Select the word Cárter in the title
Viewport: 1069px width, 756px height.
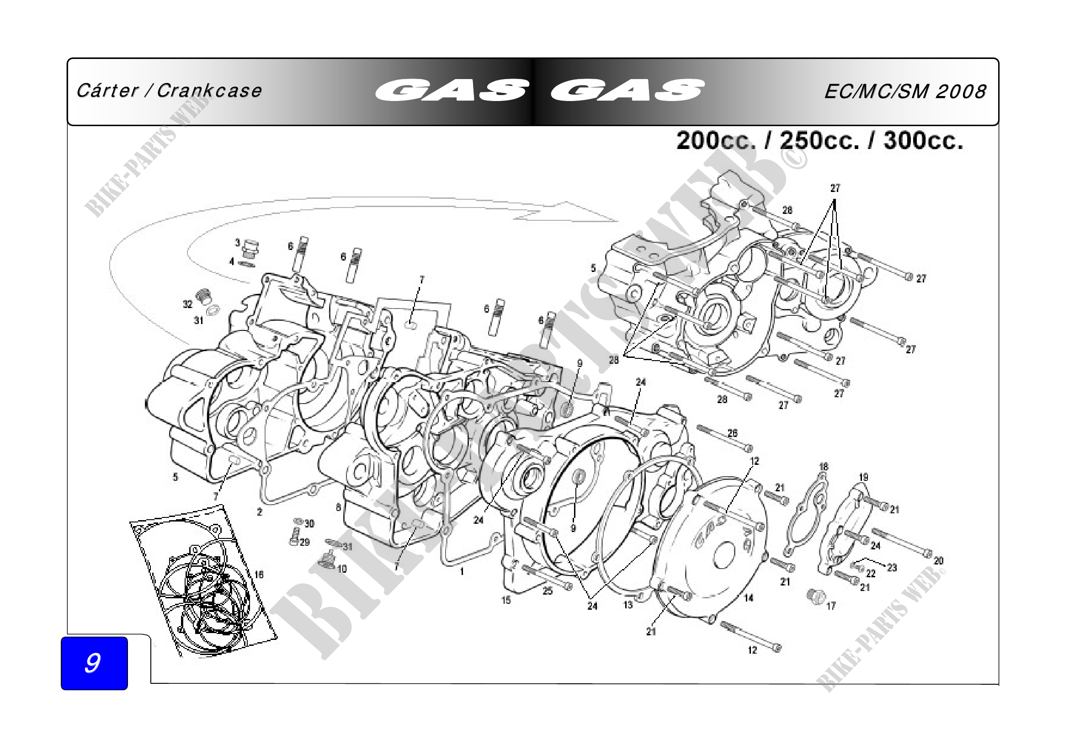[107, 91]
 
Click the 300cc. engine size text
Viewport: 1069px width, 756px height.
[923, 140]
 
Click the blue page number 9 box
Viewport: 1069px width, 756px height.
[94, 663]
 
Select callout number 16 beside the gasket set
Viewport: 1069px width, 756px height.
[259, 575]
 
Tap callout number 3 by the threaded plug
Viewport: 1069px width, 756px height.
[238, 243]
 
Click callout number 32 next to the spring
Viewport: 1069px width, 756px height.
[187, 304]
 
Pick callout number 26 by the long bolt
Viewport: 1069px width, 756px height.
[732, 433]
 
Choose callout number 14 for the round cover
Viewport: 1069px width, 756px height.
[748, 598]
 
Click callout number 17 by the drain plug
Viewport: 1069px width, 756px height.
[831, 606]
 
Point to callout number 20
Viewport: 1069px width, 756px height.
[939, 560]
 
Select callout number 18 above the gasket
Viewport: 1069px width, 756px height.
[824, 467]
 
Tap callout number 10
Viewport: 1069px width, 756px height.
[342, 569]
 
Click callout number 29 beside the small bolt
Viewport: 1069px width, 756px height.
[304, 542]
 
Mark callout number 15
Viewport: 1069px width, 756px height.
[506, 600]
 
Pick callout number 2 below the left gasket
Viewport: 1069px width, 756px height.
[260, 512]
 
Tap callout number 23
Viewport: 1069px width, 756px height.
[892, 568]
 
